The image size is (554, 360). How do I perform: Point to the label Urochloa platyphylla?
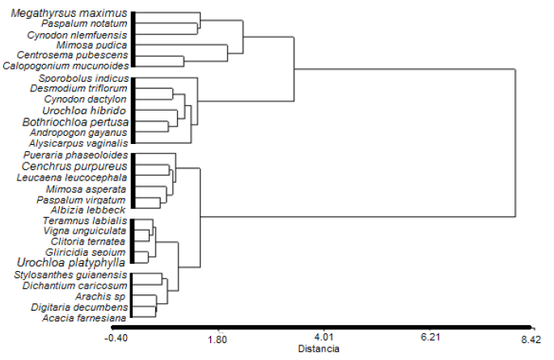tap(72, 263)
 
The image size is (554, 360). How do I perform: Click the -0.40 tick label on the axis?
tap(116, 338)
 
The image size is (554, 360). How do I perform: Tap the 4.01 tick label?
tap(324, 338)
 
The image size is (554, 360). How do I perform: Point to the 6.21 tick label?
tap(429, 338)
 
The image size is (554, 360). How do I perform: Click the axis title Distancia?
tap(319, 349)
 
